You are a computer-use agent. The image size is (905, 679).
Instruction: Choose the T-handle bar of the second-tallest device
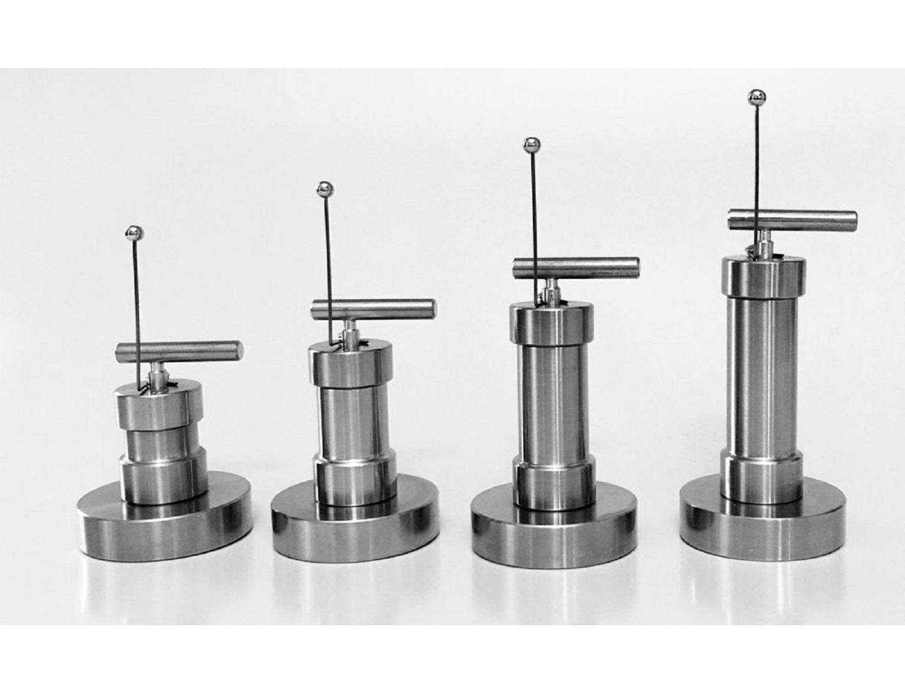pyautogui.click(x=576, y=267)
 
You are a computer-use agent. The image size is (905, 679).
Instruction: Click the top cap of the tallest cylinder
pyautogui.click(x=764, y=277)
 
